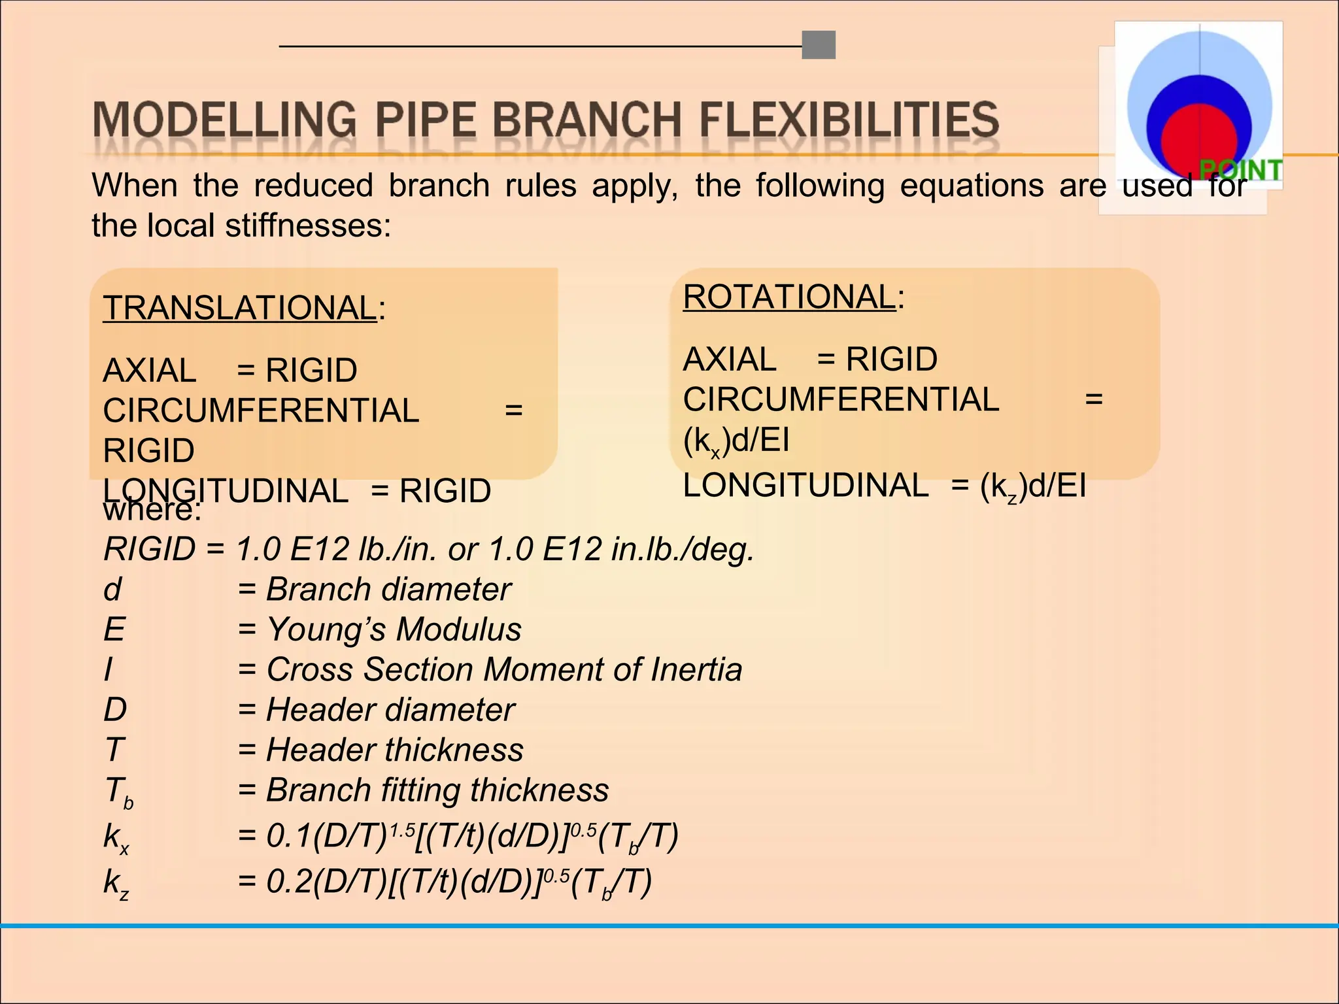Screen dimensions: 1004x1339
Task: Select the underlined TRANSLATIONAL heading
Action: [x=240, y=308]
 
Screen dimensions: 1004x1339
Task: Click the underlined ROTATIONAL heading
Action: [x=789, y=297]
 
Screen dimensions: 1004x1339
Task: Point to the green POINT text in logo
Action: [x=1241, y=170]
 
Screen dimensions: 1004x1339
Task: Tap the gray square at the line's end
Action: [x=819, y=45]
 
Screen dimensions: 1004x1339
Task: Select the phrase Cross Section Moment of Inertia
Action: [x=504, y=670]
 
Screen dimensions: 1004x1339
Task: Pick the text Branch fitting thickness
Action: [x=437, y=790]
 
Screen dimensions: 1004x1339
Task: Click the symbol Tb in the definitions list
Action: [x=118, y=792]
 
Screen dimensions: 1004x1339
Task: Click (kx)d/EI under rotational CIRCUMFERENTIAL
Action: [x=736, y=441]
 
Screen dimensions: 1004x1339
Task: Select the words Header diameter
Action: [x=390, y=710]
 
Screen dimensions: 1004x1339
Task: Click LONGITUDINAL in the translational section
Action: [x=226, y=490]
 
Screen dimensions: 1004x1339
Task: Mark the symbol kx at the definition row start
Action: [x=116, y=837]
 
